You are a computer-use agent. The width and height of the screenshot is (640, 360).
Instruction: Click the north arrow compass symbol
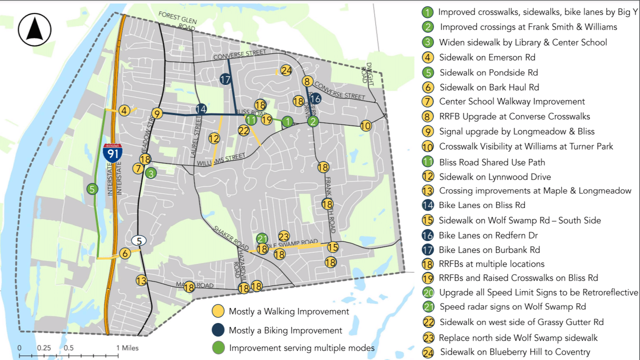[34, 29]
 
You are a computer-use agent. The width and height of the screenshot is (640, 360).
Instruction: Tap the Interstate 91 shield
[113, 152]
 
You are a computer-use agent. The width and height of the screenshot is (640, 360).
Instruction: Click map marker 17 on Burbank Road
[225, 79]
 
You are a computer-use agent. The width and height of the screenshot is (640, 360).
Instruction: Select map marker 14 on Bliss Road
[201, 108]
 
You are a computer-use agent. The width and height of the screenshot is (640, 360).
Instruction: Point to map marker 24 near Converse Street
[286, 70]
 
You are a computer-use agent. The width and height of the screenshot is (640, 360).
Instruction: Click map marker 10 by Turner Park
[366, 126]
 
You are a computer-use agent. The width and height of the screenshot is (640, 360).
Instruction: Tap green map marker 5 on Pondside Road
[92, 189]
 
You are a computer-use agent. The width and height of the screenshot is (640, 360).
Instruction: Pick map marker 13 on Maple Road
[141, 280]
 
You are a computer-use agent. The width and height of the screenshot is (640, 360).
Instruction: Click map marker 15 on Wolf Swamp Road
[333, 247]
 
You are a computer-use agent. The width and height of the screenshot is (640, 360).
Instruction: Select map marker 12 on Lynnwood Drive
[214, 138]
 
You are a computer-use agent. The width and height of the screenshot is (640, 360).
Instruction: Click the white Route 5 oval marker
[139, 240]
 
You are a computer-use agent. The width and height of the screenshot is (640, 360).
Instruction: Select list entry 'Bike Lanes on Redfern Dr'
[489, 235]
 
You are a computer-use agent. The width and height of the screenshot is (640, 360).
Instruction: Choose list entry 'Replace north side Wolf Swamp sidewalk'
[518, 338]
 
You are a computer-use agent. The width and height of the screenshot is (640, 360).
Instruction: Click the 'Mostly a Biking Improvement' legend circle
[218, 330]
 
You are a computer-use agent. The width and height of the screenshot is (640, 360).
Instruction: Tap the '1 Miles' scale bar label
[127, 348]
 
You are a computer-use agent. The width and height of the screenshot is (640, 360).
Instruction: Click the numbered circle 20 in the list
[428, 292]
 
